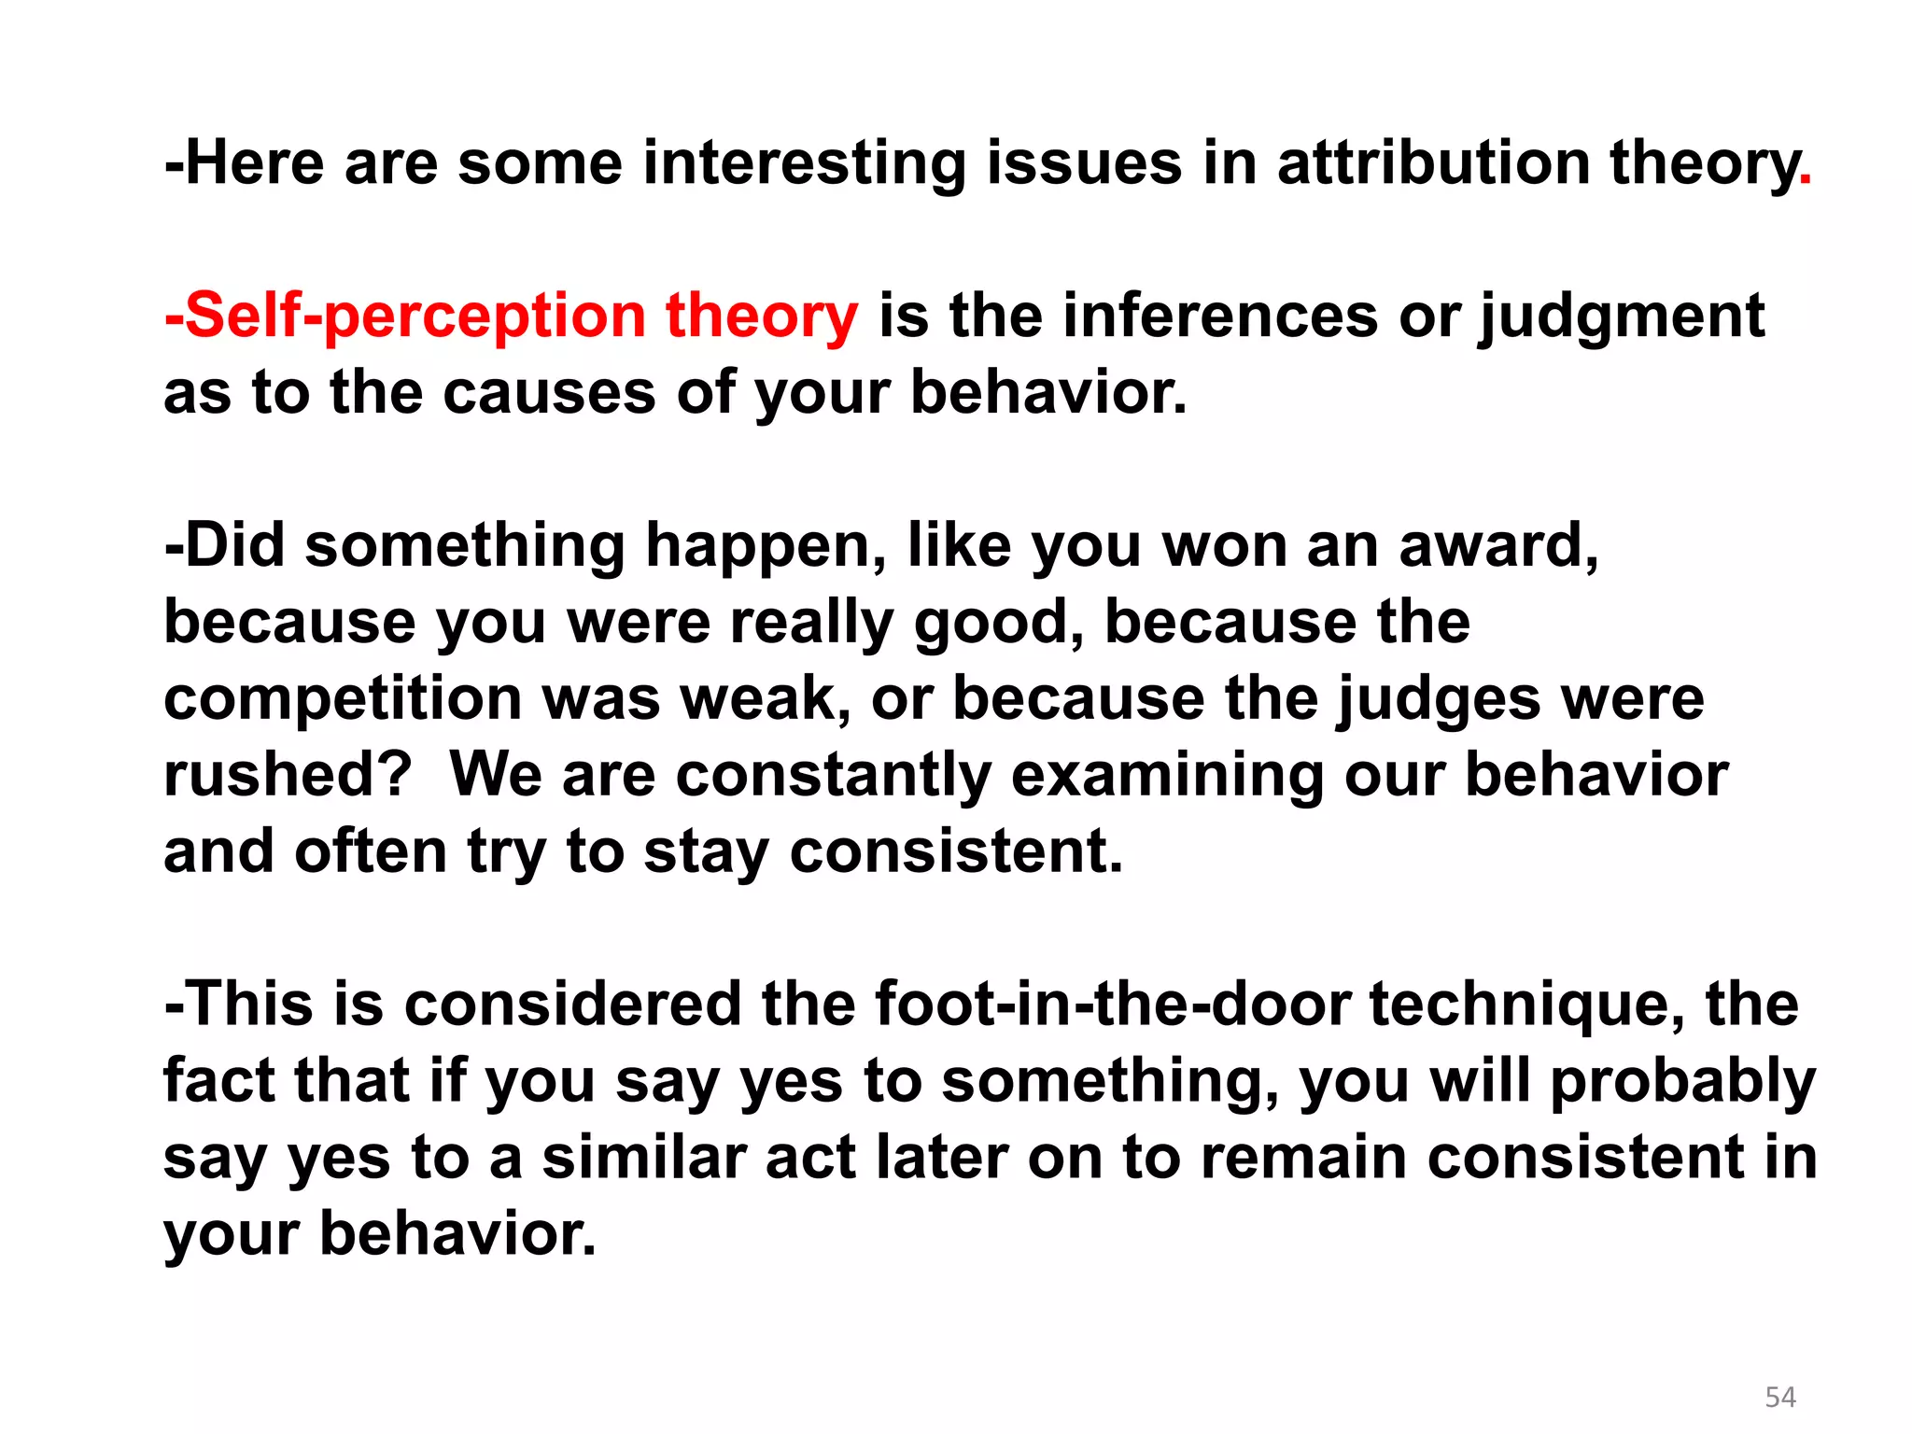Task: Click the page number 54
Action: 1780,1397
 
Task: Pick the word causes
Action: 550,392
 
